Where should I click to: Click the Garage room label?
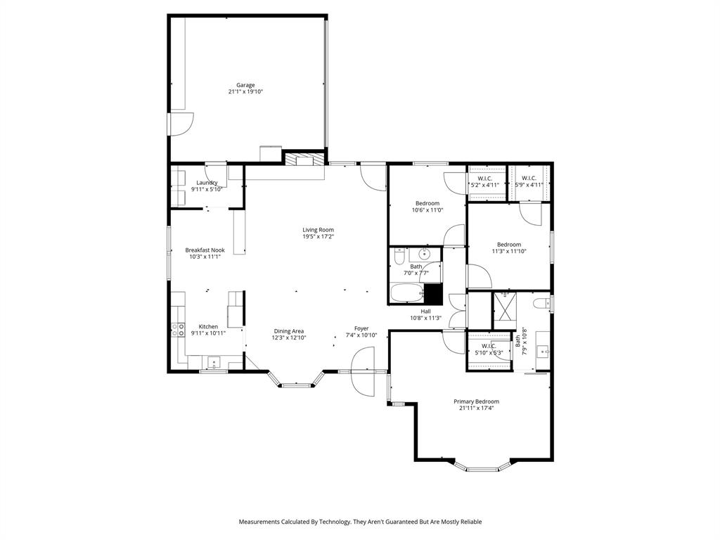pos(245,85)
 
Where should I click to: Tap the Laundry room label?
pos(206,183)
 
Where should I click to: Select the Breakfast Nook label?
pos(205,250)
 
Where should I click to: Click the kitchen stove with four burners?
pos(177,329)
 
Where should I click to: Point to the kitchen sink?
pos(214,363)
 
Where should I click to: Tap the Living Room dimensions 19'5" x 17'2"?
pos(318,236)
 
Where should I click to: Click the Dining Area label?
pos(288,331)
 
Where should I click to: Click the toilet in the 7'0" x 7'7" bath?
pos(398,256)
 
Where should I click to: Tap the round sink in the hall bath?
pos(425,255)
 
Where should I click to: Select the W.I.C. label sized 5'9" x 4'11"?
pos(529,181)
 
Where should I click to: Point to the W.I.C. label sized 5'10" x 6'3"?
pos(488,349)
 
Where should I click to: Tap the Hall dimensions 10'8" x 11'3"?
pos(425,318)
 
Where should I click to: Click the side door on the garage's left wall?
pos(177,124)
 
